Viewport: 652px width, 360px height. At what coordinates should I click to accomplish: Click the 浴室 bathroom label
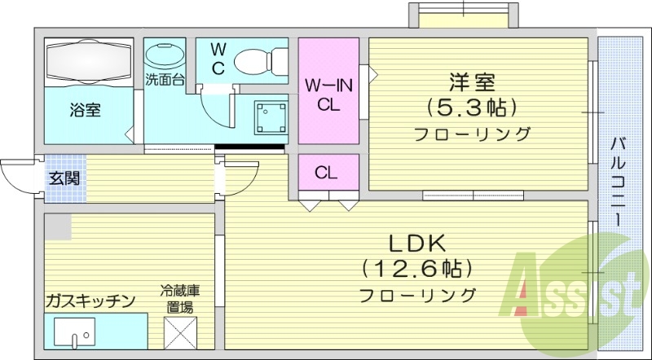[x=85, y=109]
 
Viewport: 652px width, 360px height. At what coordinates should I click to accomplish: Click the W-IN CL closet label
[x=328, y=94]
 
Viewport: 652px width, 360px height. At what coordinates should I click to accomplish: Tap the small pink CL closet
[x=328, y=172]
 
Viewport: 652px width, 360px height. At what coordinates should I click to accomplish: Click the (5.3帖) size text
[x=472, y=107]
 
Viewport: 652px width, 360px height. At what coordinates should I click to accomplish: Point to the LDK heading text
[x=416, y=242]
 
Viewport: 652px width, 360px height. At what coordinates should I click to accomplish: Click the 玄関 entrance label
[x=63, y=178]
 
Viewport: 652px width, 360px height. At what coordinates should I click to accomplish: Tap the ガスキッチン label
[x=90, y=301]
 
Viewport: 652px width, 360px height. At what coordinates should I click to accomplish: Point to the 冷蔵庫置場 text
[x=180, y=298]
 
